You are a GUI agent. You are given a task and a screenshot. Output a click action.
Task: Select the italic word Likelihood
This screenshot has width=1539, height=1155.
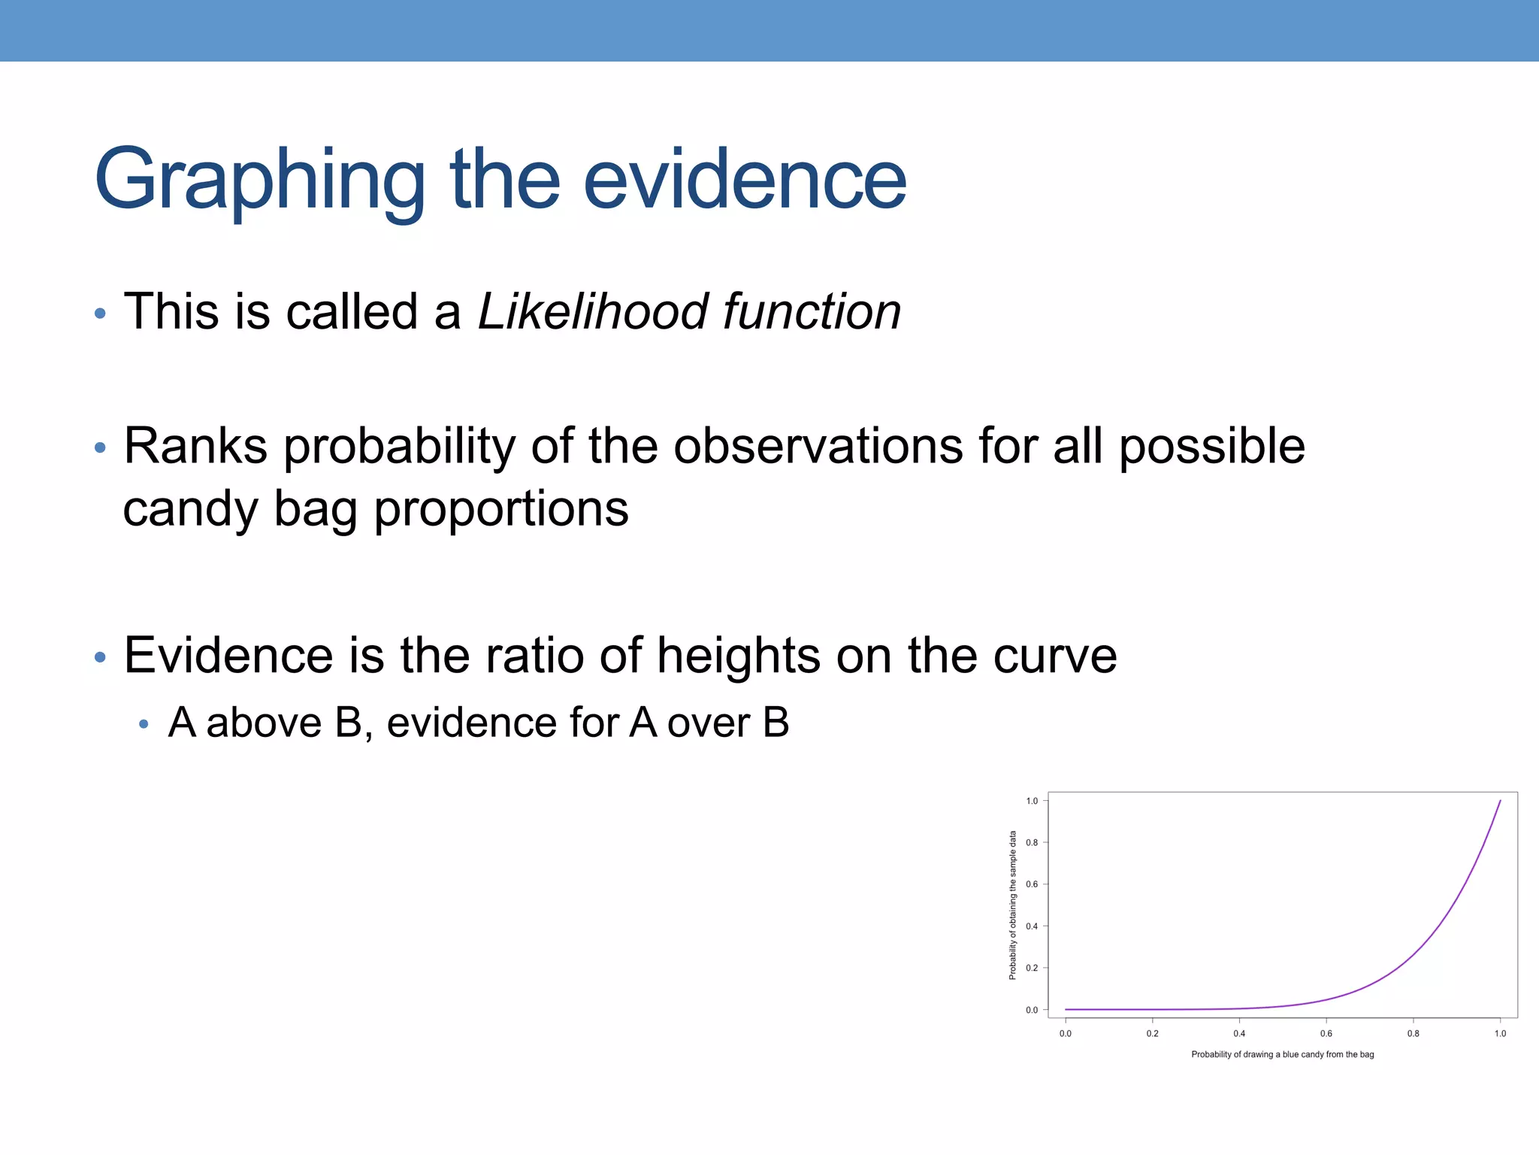click(x=593, y=311)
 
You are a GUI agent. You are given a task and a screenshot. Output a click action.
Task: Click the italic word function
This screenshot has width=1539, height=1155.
click(x=812, y=311)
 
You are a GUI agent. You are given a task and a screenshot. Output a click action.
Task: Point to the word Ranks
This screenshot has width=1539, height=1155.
click(x=195, y=446)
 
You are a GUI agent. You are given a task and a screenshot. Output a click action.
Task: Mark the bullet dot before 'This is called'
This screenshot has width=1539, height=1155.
click(x=101, y=314)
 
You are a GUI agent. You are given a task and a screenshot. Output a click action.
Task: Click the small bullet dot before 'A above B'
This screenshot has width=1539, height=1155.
click(x=144, y=725)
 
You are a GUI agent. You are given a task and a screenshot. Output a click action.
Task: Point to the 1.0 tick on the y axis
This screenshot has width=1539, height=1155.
click(x=1032, y=801)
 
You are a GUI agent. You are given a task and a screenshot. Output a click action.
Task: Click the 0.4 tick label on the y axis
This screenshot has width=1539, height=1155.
click(x=1032, y=926)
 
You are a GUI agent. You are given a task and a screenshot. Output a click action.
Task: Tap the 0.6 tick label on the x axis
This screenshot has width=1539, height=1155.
click(x=1326, y=1034)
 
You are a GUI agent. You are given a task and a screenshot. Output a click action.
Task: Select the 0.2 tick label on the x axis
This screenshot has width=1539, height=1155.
click(x=1152, y=1034)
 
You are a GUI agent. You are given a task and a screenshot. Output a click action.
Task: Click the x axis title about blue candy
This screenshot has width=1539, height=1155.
click(x=1282, y=1054)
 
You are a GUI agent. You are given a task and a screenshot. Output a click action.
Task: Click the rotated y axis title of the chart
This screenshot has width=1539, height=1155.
click(x=1013, y=905)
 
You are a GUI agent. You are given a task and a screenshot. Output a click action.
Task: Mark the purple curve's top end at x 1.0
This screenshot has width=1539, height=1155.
click(x=1500, y=802)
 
